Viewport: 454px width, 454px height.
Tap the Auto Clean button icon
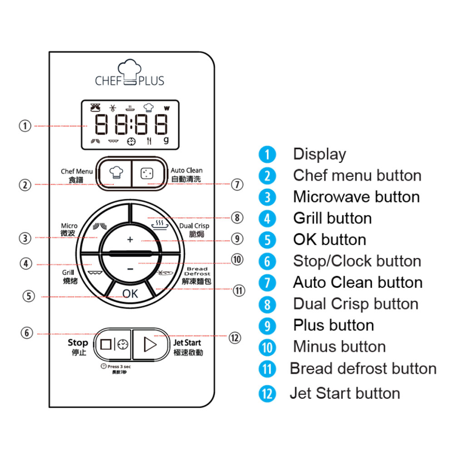146,173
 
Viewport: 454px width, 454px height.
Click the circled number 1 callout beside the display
25,126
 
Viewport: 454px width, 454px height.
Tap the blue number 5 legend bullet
267,240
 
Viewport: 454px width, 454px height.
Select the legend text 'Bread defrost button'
363,368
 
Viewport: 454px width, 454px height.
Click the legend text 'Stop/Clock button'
357,261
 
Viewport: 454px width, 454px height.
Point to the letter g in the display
166,141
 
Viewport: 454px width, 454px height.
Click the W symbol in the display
167,109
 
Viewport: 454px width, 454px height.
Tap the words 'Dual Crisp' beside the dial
194,226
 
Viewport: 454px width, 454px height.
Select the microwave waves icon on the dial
99,227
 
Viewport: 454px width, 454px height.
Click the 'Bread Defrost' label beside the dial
197,271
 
